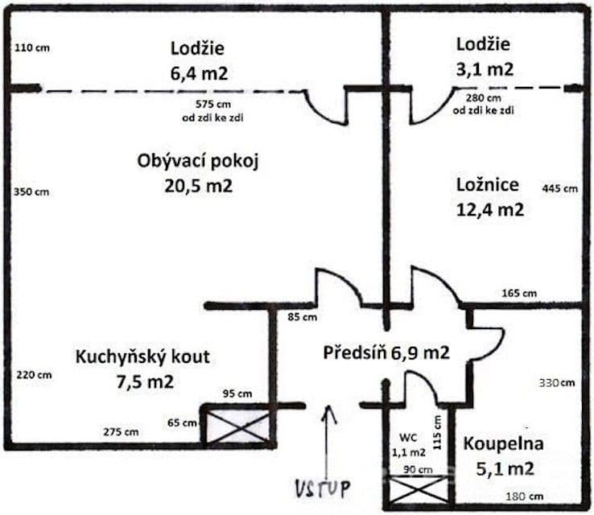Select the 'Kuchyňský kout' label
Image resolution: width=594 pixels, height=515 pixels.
[x=142, y=356]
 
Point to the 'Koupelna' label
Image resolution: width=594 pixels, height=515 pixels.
[x=503, y=443]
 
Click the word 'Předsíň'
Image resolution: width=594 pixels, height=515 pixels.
[x=353, y=352]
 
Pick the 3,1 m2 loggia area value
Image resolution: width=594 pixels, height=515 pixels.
[x=485, y=69]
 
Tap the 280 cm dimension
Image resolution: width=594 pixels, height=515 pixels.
[x=484, y=97]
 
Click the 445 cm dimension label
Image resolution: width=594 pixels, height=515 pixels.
[x=561, y=189]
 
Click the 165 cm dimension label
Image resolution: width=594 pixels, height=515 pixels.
[x=519, y=293]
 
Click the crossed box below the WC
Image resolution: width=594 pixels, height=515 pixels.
[x=418, y=488]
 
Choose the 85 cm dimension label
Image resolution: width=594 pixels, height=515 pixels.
[x=303, y=316]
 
